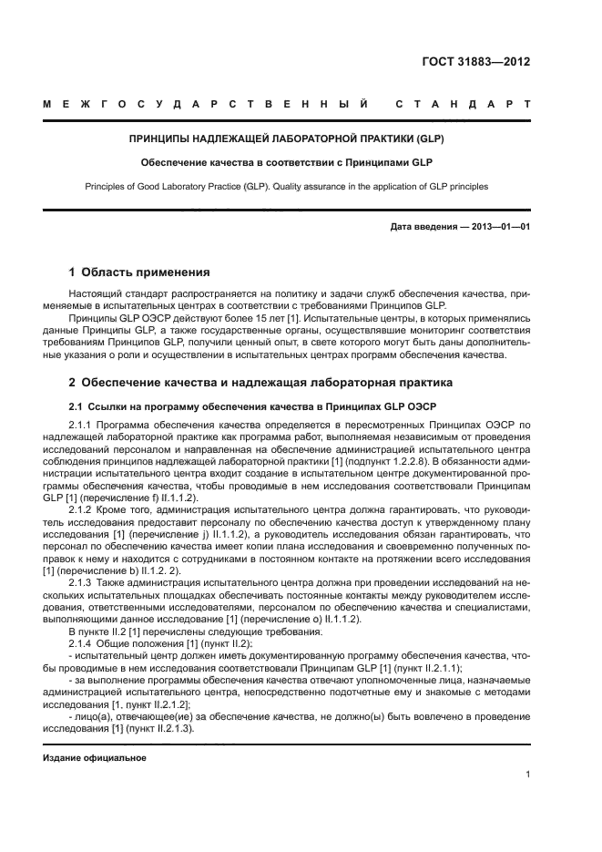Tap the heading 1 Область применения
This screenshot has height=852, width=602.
tap(140, 272)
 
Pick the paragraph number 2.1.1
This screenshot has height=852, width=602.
tap(84, 426)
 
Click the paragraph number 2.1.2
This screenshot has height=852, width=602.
tap(84, 511)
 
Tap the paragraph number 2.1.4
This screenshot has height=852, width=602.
tap(84, 642)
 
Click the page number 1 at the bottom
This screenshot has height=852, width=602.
tap(528, 775)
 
